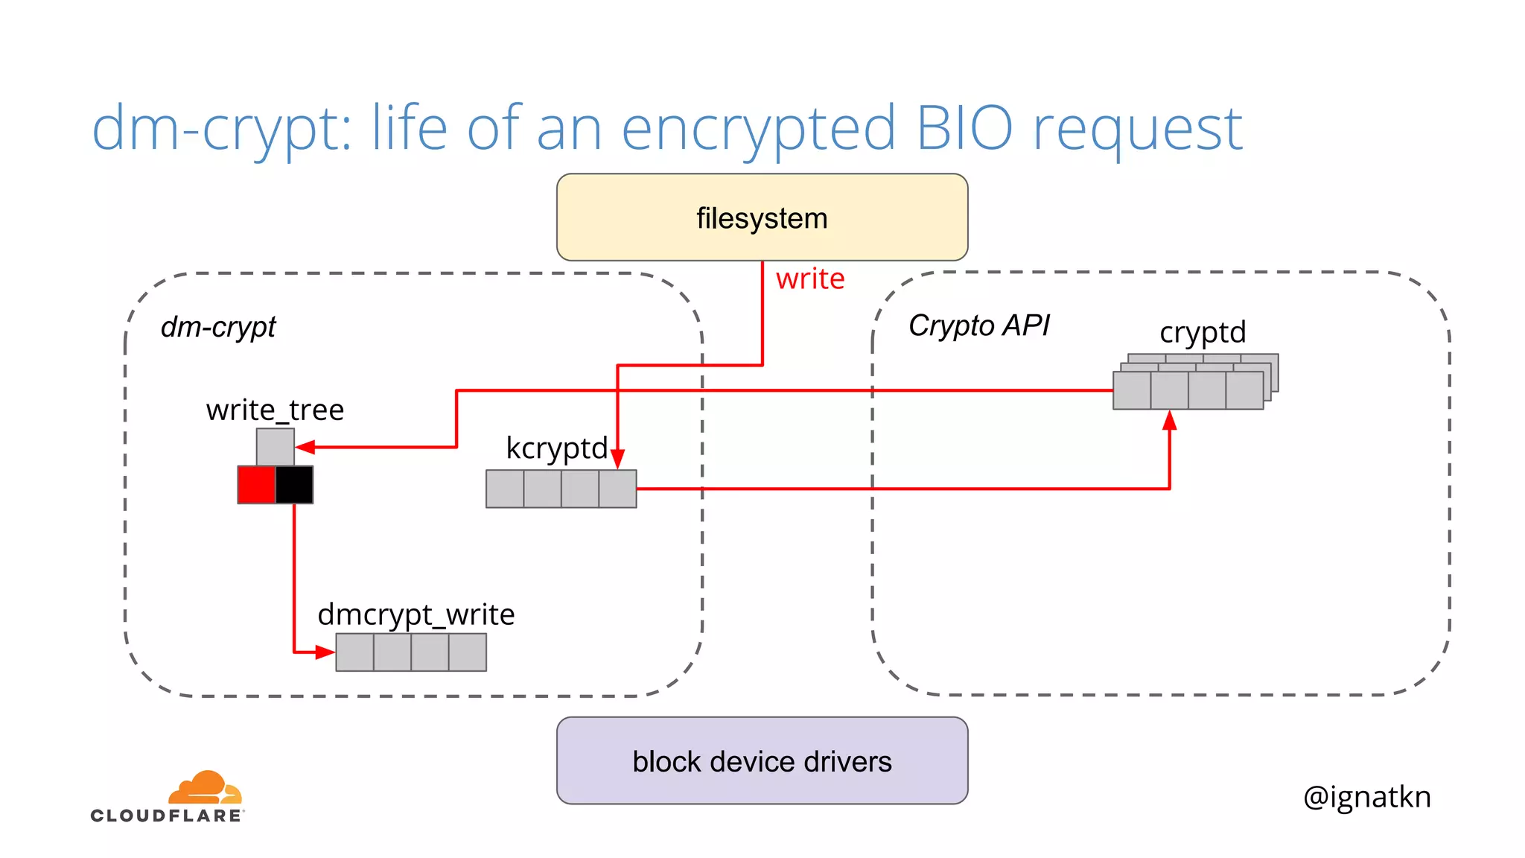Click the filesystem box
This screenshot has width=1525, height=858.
pyautogui.click(x=762, y=217)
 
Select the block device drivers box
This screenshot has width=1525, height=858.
pyautogui.click(x=762, y=760)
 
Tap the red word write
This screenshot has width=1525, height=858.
pyautogui.click(x=810, y=279)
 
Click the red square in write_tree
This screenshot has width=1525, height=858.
pyautogui.click(x=256, y=485)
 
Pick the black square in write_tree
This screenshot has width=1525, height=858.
pyautogui.click(x=294, y=485)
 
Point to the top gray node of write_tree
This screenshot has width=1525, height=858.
pyautogui.click(x=275, y=447)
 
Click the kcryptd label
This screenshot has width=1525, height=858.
pyautogui.click(x=556, y=448)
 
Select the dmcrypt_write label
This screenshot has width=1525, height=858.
pyautogui.click(x=416, y=614)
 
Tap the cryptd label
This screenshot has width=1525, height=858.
pyautogui.click(x=1203, y=332)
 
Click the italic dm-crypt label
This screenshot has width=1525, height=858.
pyautogui.click(x=218, y=326)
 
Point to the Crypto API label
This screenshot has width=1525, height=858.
pyautogui.click(x=978, y=325)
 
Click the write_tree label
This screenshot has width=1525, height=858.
pyautogui.click(x=275, y=410)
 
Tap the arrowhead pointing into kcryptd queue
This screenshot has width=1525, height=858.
pyautogui.click(x=617, y=459)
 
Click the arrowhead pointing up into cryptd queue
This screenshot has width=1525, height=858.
pyautogui.click(x=1170, y=421)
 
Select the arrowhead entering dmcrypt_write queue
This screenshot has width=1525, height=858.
pyautogui.click(x=325, y=652)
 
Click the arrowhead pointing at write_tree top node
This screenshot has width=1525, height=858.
pyautogui.click(x=305, y=447)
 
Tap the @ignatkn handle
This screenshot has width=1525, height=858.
pyautogui.click(x=1366, y=796)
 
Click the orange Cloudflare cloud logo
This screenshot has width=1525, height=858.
pyautogui.click(x=205, y=787)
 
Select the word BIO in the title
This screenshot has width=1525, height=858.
pyautogui.click(x=964, y=128)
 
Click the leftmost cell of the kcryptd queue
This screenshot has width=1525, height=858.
pyautogui.click(x=505, y=489)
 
